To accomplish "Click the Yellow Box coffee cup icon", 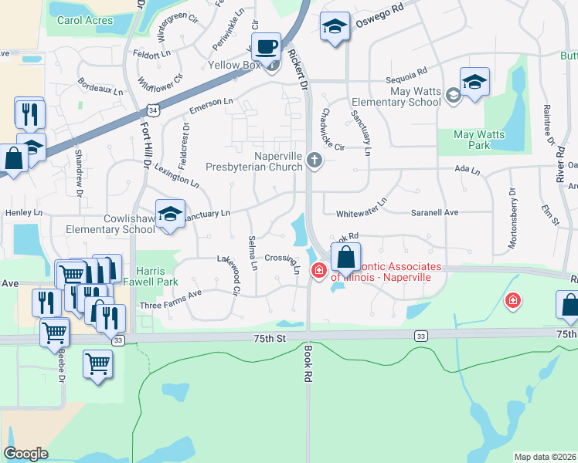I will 267,47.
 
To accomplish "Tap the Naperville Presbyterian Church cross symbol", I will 314,161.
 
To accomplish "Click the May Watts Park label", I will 479,140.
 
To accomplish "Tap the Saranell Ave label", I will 456,212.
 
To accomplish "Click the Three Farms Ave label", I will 170,305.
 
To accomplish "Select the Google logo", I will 25,454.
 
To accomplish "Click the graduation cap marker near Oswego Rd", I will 334,28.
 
